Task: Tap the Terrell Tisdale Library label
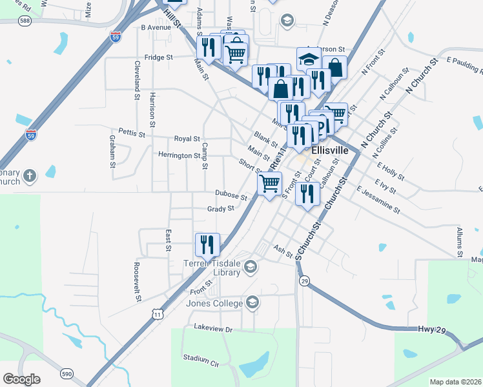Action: (212, 267)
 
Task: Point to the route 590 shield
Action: (67, 373)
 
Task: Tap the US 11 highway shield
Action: (158, 313)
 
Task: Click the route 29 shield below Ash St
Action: (303, 281)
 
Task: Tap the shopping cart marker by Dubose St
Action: (269, 183)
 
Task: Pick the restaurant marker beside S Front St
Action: (308, 193)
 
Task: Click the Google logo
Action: (21, 379)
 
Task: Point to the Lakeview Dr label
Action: (212, 328)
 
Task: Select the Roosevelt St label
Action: (137, 282)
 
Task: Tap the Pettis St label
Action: (132, 133)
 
